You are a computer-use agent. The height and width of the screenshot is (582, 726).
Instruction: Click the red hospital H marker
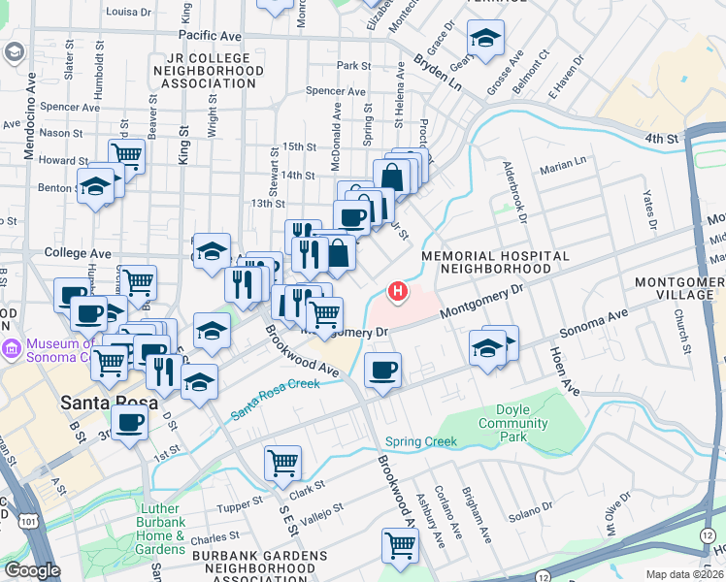pos(396,290)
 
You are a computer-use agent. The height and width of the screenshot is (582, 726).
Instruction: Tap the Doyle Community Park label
pos(513,423)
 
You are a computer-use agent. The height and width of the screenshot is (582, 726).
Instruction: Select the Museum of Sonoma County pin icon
pos(11,348)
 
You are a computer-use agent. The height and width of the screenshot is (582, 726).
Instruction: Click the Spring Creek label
pos(420,441)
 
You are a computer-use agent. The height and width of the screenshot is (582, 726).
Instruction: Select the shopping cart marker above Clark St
pos(282,462)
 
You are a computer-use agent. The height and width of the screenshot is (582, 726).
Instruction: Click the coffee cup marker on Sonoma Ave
pos(382,370)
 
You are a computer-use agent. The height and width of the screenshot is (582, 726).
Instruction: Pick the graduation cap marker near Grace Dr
pos(484,40)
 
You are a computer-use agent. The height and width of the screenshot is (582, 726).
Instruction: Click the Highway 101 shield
pos(31,523)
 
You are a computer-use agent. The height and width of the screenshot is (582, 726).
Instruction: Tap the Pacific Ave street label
pos(210,36)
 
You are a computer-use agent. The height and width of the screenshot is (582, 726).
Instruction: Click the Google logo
pos(32,569)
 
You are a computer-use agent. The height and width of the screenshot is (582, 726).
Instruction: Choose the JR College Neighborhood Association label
pos(208,71)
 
